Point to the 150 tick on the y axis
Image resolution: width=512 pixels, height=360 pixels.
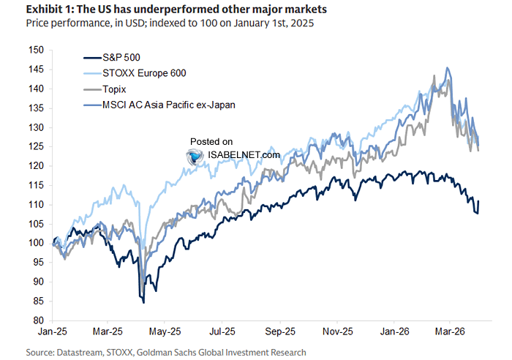click(36, 50)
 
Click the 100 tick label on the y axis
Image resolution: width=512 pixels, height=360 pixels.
click(36, 243)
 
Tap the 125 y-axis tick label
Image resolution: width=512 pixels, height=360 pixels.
click(36, 146)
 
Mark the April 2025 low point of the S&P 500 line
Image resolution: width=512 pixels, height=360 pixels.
click(143, 301)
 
